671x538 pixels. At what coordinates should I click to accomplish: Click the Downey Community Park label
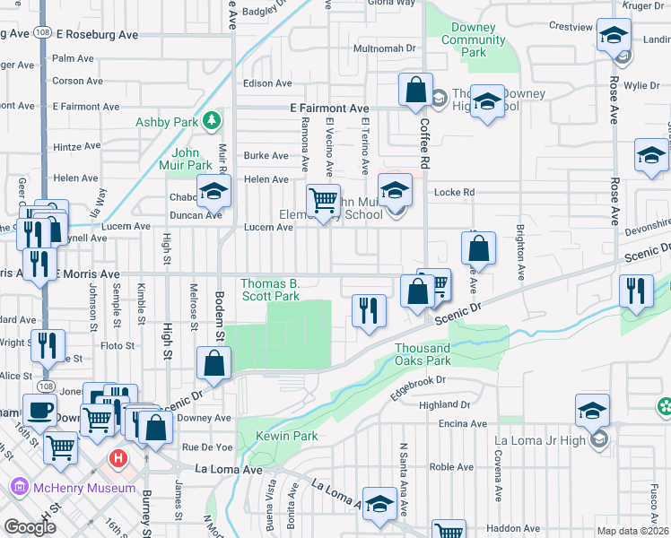pos(474,40)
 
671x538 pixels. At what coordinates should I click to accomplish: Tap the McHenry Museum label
pos(85,488)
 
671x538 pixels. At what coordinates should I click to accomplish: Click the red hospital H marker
pos(117,460)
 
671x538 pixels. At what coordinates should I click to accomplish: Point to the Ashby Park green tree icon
pos(211,119)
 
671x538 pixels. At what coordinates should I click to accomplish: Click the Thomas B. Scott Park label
pos(269,290)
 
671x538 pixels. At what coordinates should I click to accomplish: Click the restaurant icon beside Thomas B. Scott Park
pos(369,310)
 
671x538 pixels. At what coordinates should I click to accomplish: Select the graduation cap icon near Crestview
pos(614,36)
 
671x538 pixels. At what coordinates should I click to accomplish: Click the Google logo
pos(30,527)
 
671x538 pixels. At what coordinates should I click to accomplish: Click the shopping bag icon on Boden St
pos(213,363)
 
